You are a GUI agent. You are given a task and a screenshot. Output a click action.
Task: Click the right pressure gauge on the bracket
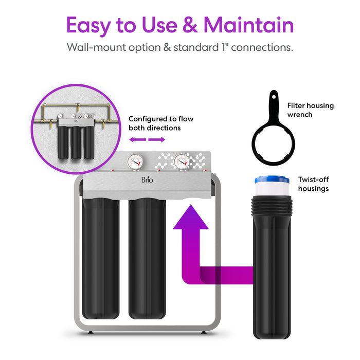(x=181, y=161)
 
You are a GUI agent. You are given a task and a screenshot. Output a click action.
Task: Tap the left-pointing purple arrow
(x=135, y=140)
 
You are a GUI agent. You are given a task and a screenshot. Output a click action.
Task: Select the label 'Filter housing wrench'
(x=310, y=110)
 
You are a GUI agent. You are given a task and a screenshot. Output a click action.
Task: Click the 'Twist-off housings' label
(x=313, y=184)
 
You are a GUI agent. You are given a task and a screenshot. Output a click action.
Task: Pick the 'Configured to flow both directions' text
(x=161, y=123)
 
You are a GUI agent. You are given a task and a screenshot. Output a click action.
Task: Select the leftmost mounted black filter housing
(x=101, y=257)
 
